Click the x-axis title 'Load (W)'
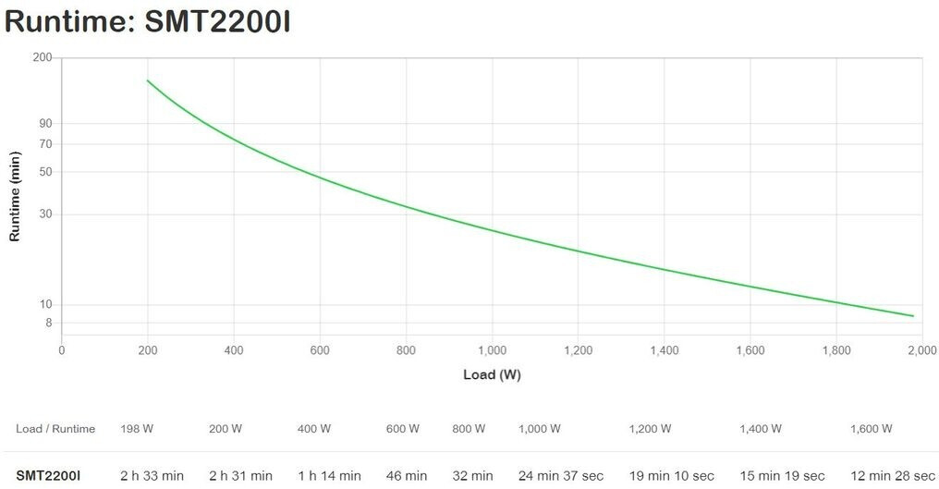[x=492, y=374]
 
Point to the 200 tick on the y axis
[x=43, y=57]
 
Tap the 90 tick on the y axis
[x=45, y=124]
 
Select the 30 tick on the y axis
[x=45, y=214]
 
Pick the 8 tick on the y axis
[x=48, y=323]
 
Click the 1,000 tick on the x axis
[x=492, y=350]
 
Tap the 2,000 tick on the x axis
[x=921, y=350]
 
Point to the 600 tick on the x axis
[x=320, y=350]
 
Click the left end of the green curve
[x=148, y=80]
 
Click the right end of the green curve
[x=913, y=316]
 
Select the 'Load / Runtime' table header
[x=55, y=429]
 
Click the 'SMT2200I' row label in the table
[x=48, y=476]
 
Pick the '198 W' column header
[x=137, y=429]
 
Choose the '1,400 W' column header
[x=761, y=429]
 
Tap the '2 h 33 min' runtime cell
[x=152, y=476]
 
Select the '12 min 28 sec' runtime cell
[x=894, y=476]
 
